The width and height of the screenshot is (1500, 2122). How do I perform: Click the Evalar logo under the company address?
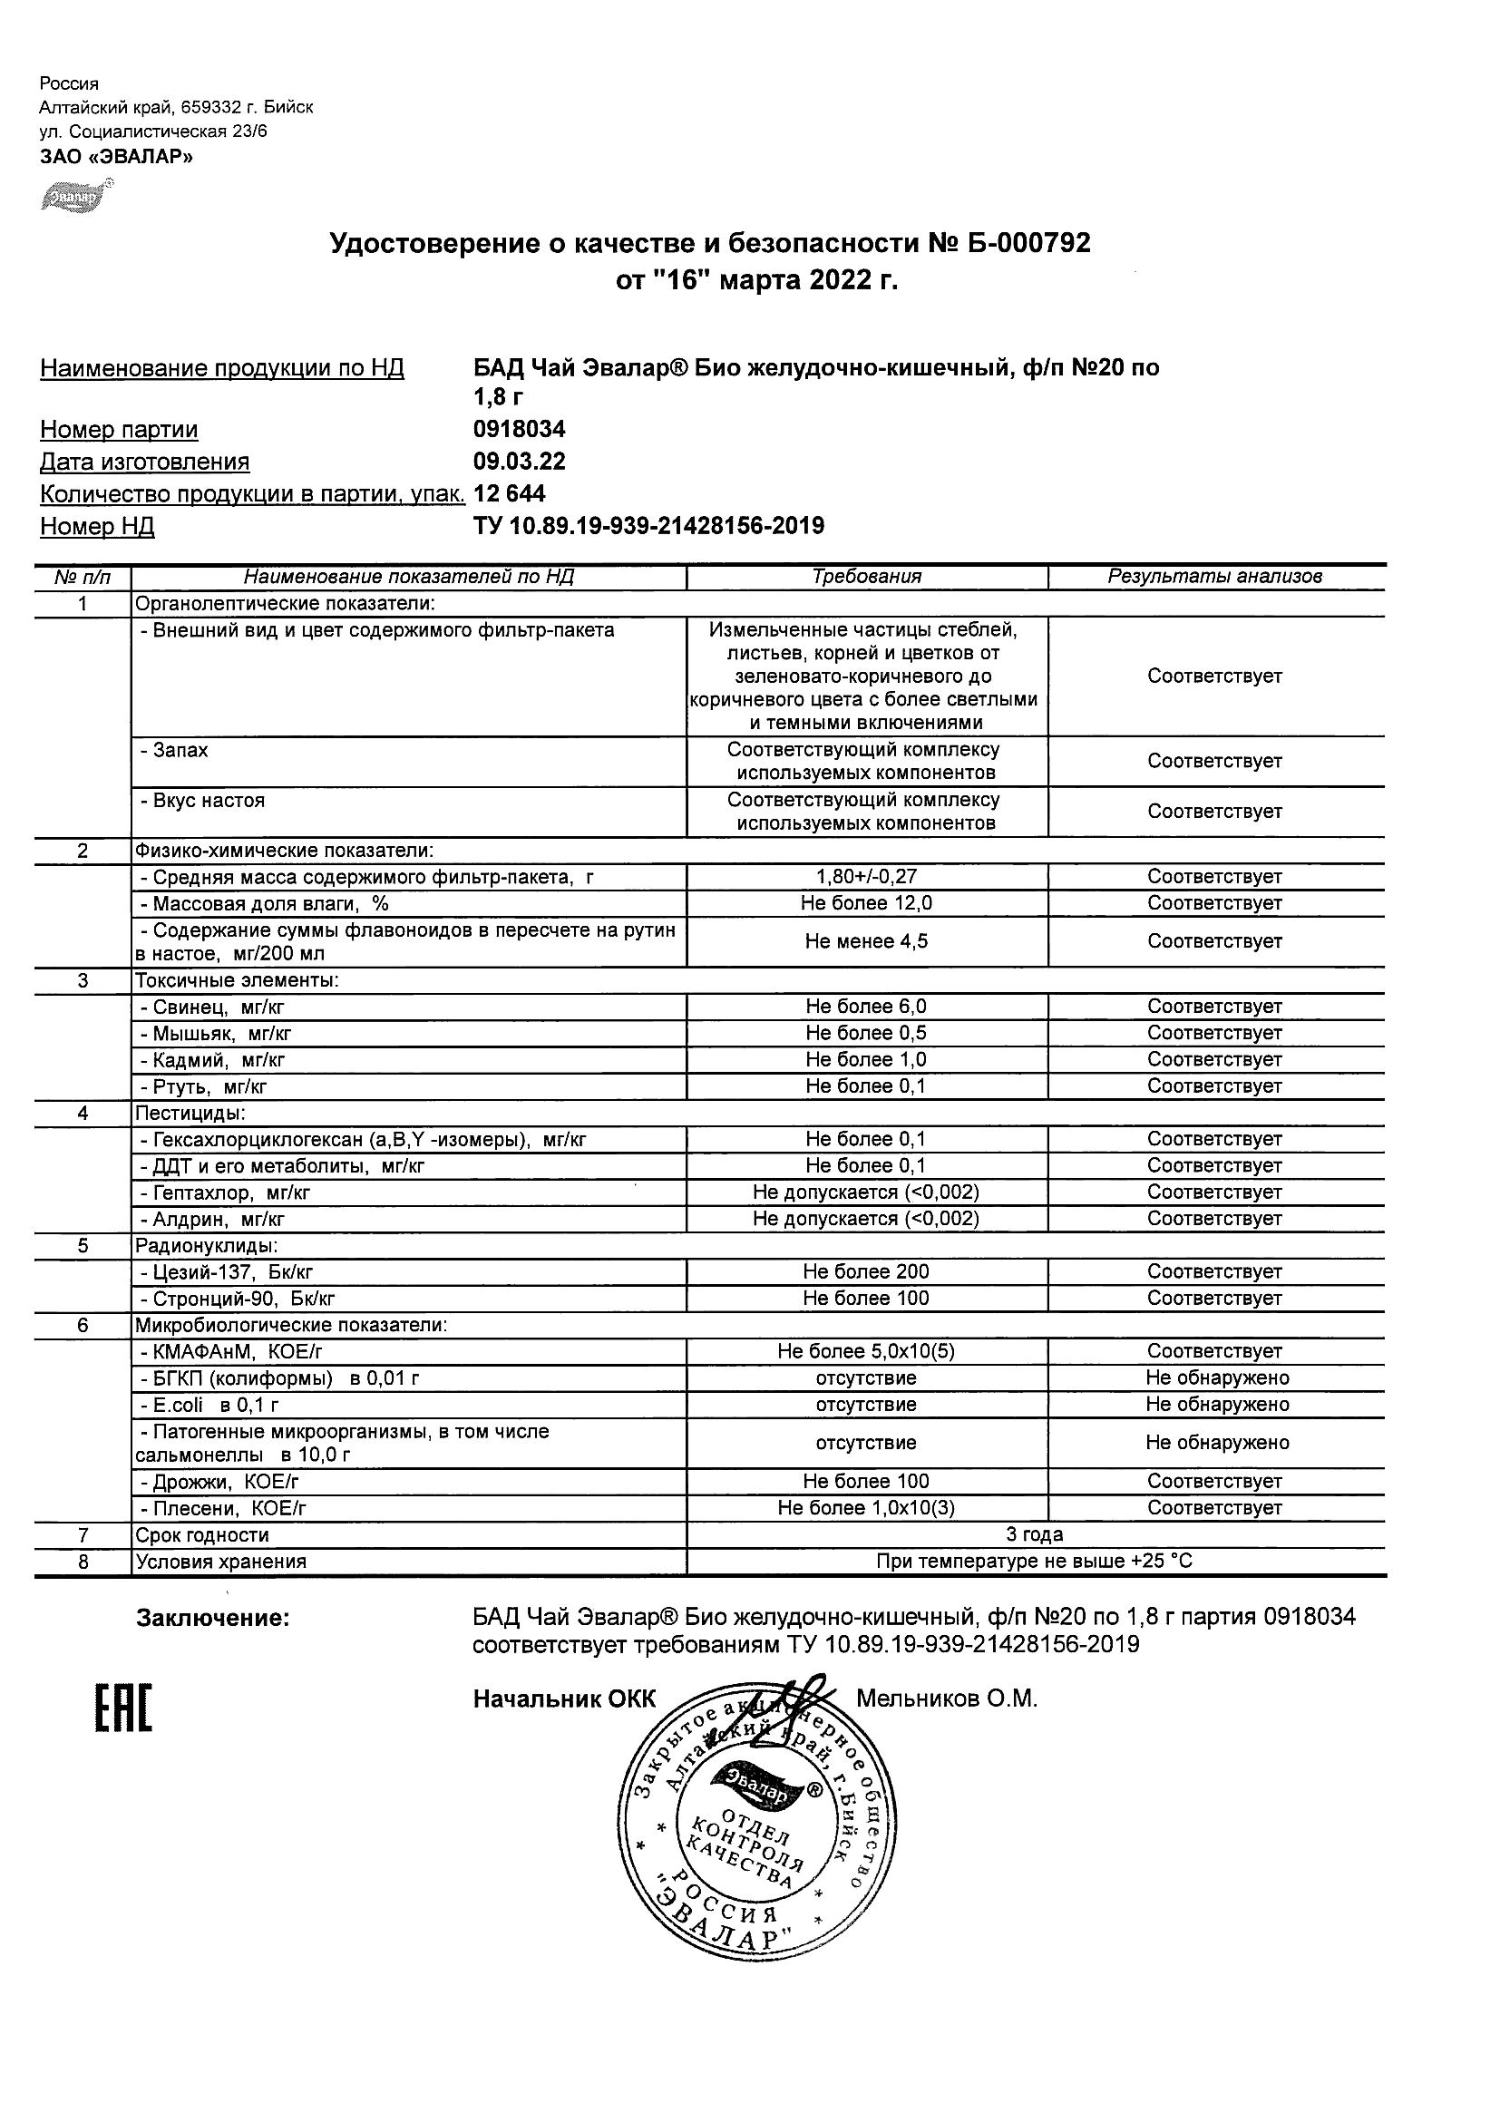pyautogui.click(x=77, y=195)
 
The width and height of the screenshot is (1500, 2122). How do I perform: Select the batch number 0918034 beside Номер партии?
pyautogui.click(x=519, y=430)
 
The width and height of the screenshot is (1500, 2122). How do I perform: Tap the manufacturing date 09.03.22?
pyautogui.click(x=519, y=462)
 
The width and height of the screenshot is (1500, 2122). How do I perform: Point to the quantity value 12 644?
pyautogui.click(x=510, y=494)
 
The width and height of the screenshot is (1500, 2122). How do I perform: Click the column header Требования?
pyautogui.click(x=866, y=577)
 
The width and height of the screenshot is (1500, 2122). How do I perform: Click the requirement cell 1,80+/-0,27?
pyautogui.click(x=866, y=877)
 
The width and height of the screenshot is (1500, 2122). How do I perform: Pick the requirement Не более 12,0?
pyautogui.click(x=866, y=903)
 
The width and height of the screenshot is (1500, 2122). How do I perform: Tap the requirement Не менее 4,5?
pyautogui.click(x=866, y=942)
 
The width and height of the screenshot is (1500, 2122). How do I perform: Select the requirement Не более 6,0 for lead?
pyautogui.click(x=866, y=1007)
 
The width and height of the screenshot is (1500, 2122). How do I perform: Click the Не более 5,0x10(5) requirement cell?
pyautogui.click(x=866, y=1351)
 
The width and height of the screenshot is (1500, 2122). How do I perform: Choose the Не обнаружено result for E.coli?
pyautogui.click(x=1216, y=1405)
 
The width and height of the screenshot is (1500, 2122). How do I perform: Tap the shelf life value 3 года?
pyautogui.click(x=1034, y=1535)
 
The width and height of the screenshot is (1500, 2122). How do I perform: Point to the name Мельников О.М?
pyautogui.click(x=947, y=1699)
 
